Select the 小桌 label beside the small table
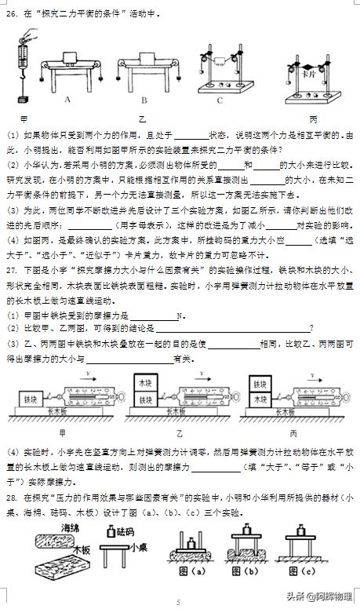139,549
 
